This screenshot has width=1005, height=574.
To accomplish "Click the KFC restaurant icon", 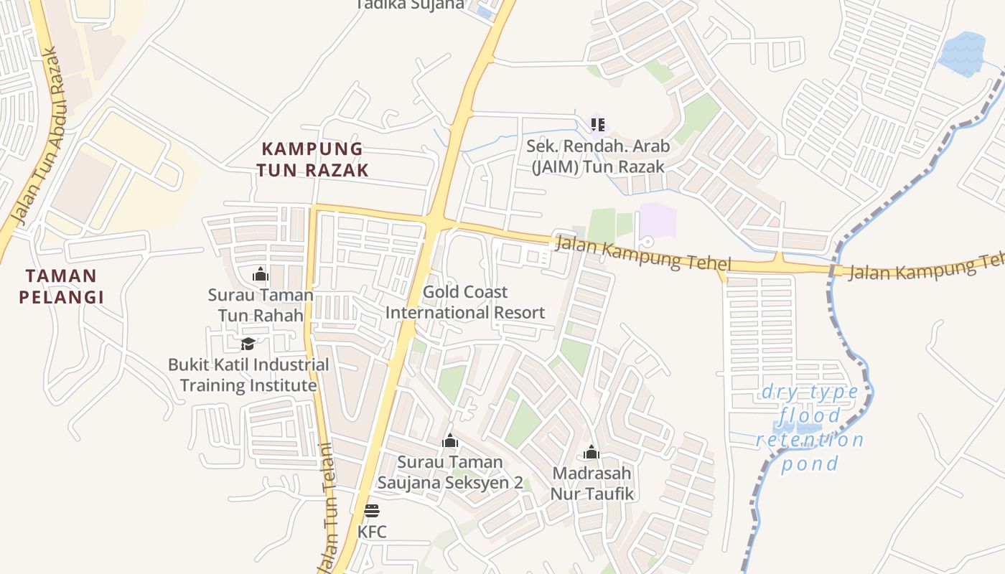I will (371, 511).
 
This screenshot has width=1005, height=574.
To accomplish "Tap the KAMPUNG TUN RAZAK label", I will (314, 159).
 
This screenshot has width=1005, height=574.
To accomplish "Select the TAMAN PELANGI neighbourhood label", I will (61, 286).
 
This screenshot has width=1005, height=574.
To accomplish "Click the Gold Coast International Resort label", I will (465, 302).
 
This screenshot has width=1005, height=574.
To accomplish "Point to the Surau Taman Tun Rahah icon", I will (261, 274).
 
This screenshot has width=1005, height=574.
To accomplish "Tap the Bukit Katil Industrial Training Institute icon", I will (248, 344).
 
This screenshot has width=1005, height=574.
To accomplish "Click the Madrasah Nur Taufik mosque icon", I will (592, 452).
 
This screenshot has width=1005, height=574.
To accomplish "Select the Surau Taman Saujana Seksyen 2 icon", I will (450, 441).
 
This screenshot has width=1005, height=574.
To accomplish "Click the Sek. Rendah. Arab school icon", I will (597, 125).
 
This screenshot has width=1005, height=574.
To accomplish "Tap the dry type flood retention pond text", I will (810, 428).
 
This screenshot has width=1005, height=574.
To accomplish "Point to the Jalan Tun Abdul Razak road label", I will (38, 136).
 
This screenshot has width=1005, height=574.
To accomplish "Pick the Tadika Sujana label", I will (411, 5).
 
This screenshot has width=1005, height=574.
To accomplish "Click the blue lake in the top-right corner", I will (963, 54).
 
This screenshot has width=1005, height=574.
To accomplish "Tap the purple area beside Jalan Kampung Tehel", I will (658, 220).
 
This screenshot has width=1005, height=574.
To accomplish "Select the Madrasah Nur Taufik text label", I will (592, 484).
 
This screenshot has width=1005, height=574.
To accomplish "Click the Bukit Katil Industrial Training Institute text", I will (248, 375).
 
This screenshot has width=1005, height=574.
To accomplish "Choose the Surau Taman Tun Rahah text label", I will (261, 305).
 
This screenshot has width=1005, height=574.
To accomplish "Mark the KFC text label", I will (372, 532).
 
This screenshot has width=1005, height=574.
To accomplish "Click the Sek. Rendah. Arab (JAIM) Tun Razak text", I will (598, 156).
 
